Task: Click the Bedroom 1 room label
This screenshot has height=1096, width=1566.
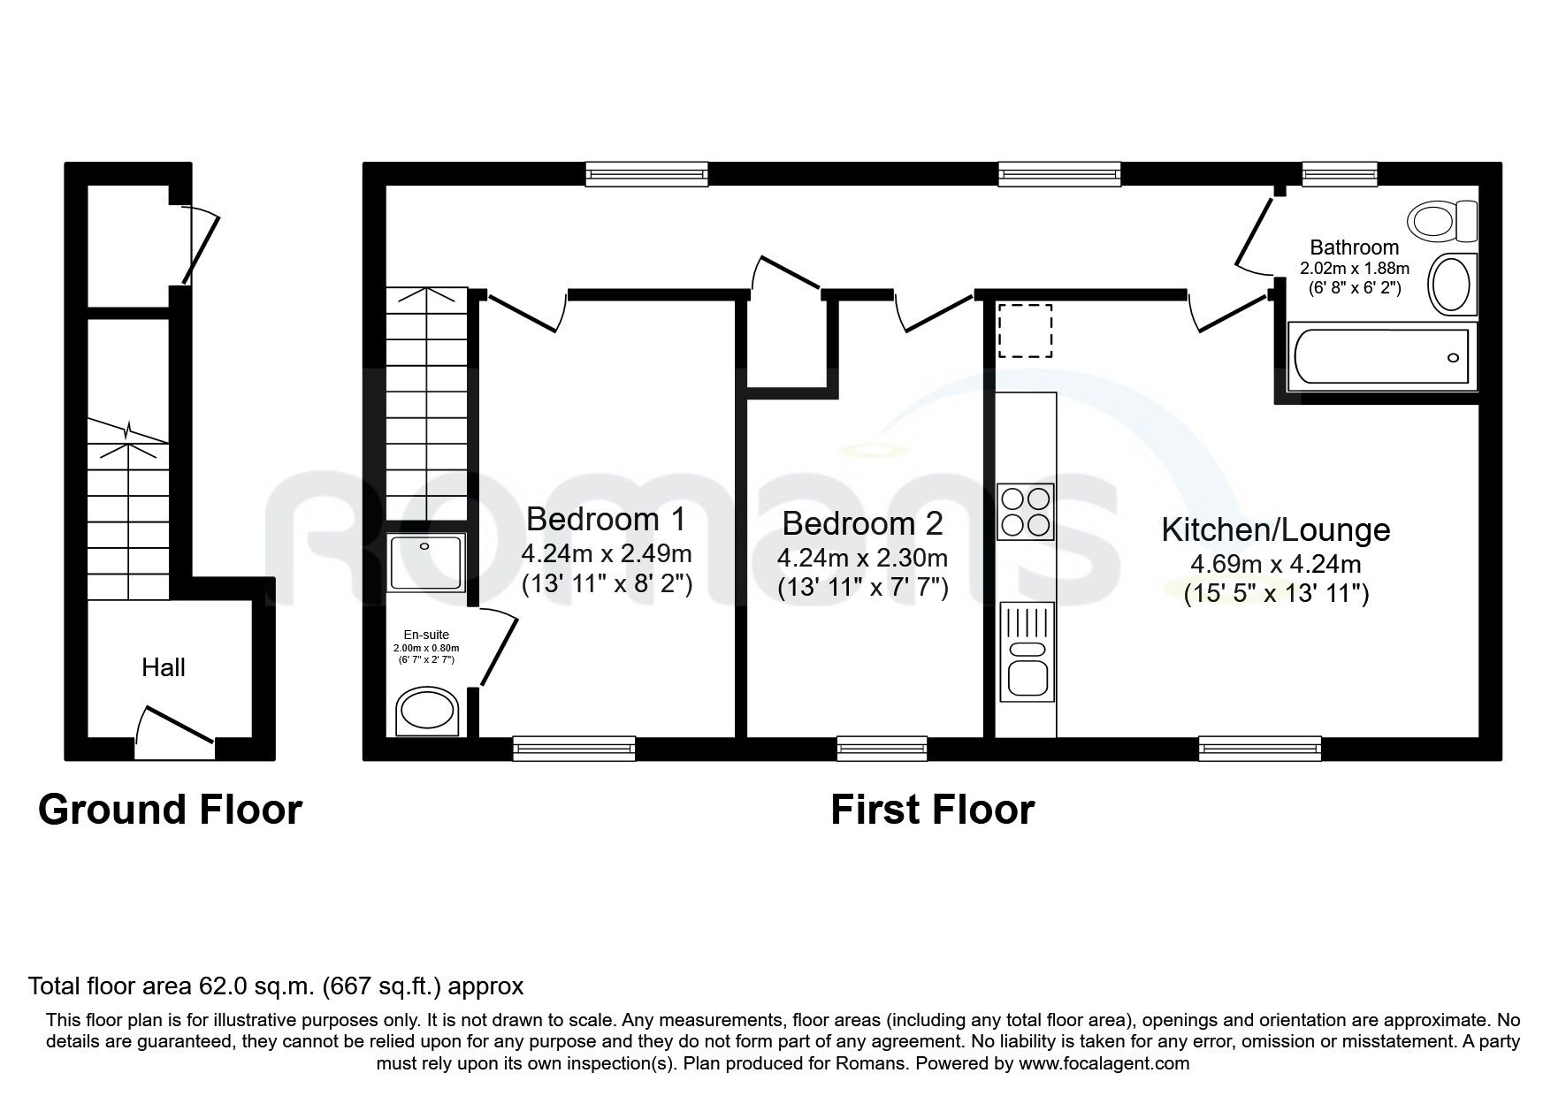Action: tap(606, 519)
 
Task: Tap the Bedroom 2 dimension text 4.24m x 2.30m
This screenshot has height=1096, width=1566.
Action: tap(861, 558)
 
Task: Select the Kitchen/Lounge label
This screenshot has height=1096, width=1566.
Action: tap(1275, 529)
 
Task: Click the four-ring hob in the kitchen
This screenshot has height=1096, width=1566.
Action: tap(1025, 512)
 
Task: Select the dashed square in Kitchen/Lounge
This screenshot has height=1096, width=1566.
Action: tap(1025, 330)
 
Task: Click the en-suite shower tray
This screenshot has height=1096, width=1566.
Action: tap(426, 563)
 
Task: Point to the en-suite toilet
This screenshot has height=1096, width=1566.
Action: tap(426, 712)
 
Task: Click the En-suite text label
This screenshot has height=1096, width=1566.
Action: tap(426, 635)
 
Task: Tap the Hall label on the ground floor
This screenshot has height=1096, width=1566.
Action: tap(164, 667)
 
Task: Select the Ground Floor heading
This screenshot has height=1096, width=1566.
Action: tap(170, 810)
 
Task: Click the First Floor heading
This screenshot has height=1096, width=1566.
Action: tap(932, 810)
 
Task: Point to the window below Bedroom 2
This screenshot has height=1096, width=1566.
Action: tap(882, 749)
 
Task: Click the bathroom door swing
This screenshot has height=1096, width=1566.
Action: tap(1254, 234)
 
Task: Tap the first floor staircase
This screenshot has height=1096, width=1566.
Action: tap(426, 402)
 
